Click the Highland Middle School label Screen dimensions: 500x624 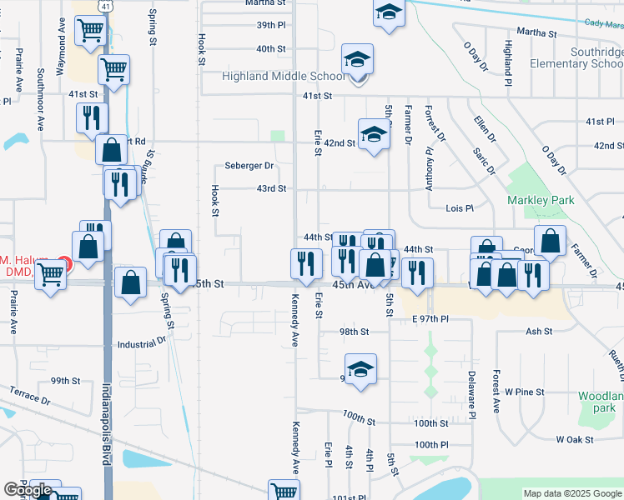pos(283,77)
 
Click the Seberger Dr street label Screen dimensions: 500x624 pos(249,166)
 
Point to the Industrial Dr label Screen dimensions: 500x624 pos(142,343)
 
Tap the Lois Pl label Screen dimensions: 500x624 pos(460,207)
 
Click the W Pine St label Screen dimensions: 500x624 pos(543,391)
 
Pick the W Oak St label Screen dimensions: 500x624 pos(574,439)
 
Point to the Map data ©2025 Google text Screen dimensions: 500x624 pos(572,493)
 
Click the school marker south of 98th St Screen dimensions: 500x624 pos(360,369)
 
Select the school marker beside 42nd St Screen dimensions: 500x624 pos(375,133)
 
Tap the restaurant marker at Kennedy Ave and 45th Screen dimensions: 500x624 pos(305,262)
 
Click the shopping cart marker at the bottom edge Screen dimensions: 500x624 pos(284,492)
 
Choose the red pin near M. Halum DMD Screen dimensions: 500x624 pos(65,263)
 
